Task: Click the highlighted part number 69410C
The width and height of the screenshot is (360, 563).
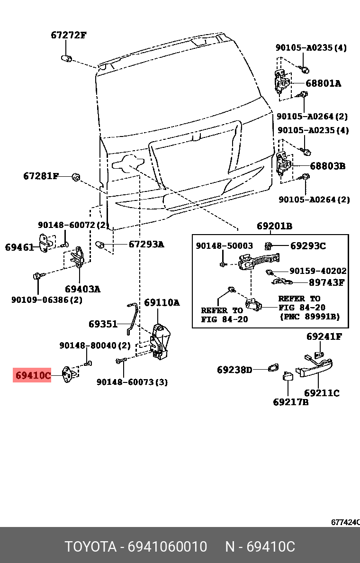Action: (32, 376)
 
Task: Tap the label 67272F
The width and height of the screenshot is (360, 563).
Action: (69, 35)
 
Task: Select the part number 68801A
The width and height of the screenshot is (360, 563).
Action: (323, 83)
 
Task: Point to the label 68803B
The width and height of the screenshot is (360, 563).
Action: (327, 166)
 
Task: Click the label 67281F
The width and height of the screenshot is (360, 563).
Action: (41, 176)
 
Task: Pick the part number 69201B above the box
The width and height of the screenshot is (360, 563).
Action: (274, 226)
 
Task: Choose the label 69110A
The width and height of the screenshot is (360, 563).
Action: (162, 302)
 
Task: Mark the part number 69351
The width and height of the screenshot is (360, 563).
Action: (103, 324)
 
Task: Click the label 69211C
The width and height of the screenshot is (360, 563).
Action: (322, 393)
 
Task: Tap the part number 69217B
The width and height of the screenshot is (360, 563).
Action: (290, 402)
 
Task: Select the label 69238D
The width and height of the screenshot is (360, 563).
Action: (234, 370)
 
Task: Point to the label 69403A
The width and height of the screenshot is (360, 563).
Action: (83, 289)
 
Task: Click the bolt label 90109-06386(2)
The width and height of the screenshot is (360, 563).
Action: (46, 300)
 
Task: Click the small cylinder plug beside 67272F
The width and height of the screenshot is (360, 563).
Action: (66, 58)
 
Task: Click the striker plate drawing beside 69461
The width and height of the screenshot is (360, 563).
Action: (45, 243)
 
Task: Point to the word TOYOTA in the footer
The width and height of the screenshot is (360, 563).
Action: (90, 547)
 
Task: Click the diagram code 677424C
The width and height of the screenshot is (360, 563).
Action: (345, 522)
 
